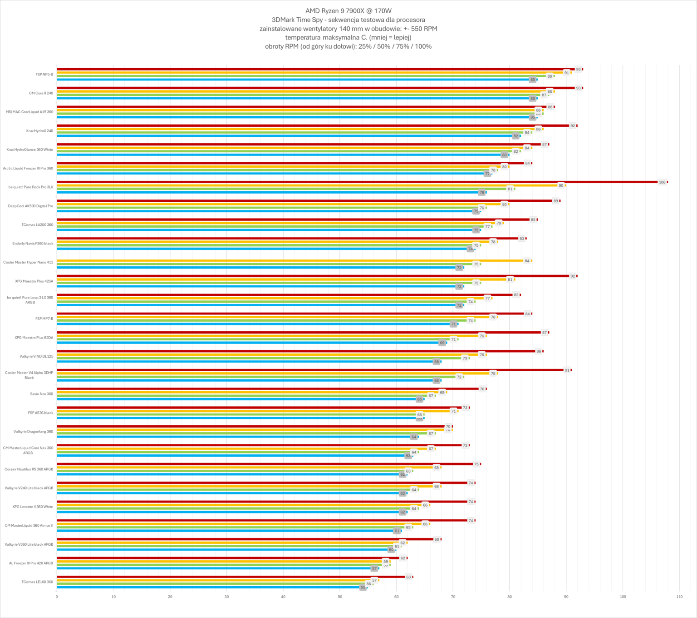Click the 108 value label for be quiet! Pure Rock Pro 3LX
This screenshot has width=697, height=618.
click(x=662, y=182)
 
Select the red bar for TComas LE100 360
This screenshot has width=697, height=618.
click(x=231, y=577)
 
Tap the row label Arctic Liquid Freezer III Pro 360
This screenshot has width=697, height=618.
click(x=28, y=169)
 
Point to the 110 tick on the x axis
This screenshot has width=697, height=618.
click(x=679, y=597)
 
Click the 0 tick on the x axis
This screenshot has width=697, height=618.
click(x=57, y=597)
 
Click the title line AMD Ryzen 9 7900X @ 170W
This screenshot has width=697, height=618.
click(x=348, y=11)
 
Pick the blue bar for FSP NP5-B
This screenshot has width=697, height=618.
click(x=295, y=80)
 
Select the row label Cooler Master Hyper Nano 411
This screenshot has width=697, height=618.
click(x=28, y=262)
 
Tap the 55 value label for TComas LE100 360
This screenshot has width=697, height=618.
click(x=363, y=588)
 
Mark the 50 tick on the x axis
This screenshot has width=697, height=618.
click(x=340, y=597)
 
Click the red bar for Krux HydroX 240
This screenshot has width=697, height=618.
click(x=313, y=126)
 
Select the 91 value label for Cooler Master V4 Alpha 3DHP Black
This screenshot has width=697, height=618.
click(x=567, y=370)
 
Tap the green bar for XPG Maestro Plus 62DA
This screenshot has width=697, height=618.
click(x=254, y=339)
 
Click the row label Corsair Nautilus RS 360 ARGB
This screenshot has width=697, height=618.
click(x=29, y=469)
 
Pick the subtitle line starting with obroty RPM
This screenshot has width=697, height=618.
click(x=348, y=46)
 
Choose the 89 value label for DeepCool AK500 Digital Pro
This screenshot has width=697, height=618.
click(x=555, y=201)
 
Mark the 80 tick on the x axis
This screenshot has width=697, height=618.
click(x=510, y=597)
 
